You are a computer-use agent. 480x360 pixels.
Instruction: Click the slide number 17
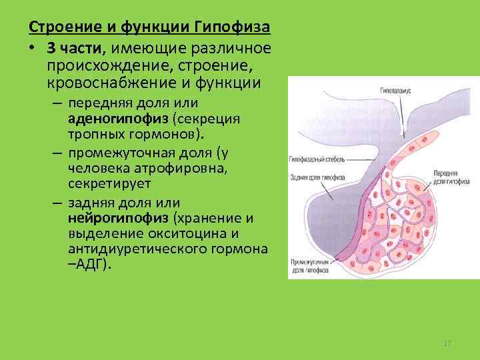[x=447, y=343]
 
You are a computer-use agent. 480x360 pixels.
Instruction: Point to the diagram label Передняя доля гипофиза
[x=449, y=176]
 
